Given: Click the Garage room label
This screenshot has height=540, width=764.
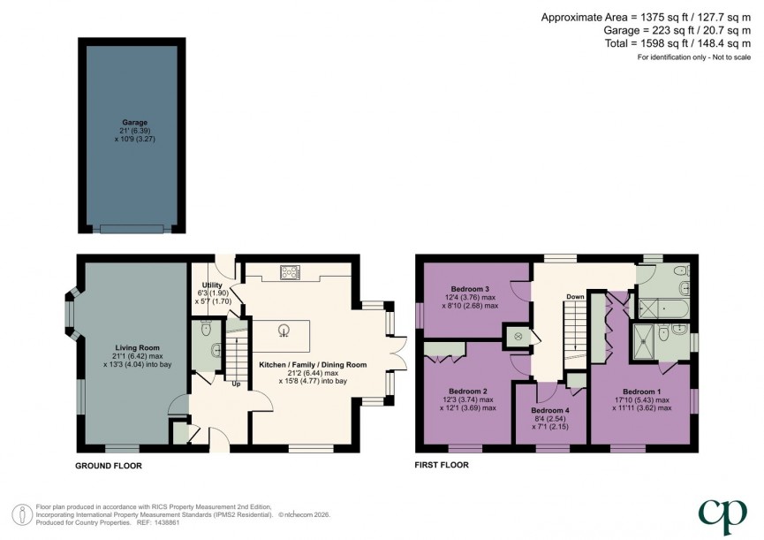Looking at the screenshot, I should click(134, 123).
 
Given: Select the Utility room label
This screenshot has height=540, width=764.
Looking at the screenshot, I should click(212, 285).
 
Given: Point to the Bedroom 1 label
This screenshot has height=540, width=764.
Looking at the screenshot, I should click(641, 391).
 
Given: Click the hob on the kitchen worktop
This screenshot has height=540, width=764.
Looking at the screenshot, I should click(289, 272).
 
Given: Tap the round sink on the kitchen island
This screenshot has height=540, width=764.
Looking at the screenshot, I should click(284, 331).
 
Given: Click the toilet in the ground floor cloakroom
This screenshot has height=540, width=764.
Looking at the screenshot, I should click(206, 331).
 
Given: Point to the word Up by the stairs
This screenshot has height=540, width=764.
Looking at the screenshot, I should click(236, 384).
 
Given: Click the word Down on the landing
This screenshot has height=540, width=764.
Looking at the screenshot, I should click(575, 296).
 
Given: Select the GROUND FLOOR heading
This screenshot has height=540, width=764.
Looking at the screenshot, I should click(110, 465).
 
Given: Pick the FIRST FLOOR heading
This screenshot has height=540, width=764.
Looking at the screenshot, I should click(442, 465).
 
